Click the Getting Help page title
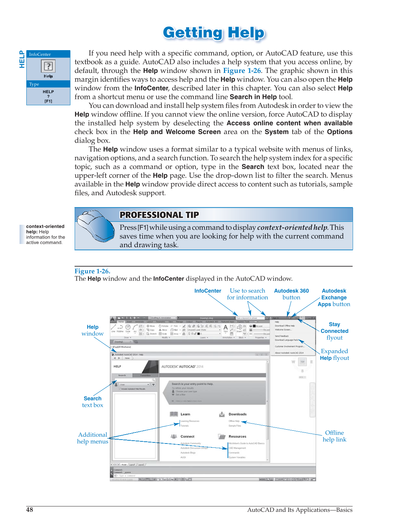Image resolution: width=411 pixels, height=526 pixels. pos(214,33)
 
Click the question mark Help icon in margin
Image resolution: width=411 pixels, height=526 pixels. pos(48,66)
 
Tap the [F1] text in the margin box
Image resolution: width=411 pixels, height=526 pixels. pos(48,101)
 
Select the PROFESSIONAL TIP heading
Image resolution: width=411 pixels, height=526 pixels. pos(159,215)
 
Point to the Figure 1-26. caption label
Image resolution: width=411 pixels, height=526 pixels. pos(92,271)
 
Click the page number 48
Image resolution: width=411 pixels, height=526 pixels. pos(30,510)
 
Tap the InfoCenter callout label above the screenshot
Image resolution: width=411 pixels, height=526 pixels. pos(208,291)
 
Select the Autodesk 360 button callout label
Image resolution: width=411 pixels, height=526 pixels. pos(291,294)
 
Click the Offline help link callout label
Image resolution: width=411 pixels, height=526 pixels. pos(334,436)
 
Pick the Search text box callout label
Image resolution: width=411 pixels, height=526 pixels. pos(92,402)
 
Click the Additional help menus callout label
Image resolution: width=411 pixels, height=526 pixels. pos(92,438)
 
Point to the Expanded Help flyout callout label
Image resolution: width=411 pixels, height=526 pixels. pos(334,355)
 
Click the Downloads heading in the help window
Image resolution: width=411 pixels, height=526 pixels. pos(237,414)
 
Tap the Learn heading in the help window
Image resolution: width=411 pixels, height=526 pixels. pos(185,414)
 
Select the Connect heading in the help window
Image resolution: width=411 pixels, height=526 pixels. pos(187,436)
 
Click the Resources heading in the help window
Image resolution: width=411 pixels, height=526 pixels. pos(237,436)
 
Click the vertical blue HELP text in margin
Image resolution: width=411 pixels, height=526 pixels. pos(22,59)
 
